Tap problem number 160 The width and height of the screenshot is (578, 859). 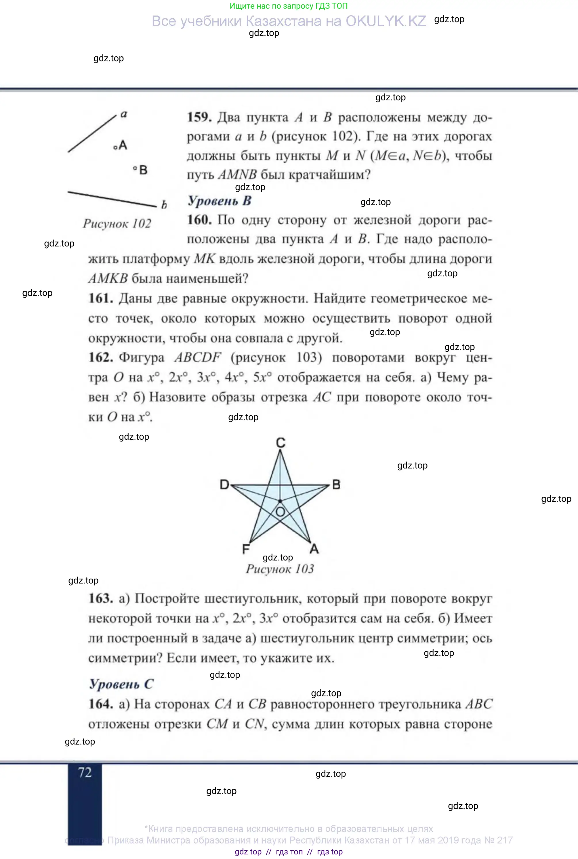click(199, 220)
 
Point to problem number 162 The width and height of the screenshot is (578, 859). click(101, 357)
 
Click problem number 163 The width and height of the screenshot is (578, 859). click(101, 598)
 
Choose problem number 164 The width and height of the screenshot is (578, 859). click(101, 703)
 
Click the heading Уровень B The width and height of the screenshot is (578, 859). click(220, 201)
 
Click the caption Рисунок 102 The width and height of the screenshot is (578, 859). click(117, 223)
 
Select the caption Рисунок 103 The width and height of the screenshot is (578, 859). click(280, 569)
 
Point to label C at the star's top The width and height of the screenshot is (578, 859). click(281, 442)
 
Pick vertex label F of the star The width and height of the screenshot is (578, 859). click(246, 549)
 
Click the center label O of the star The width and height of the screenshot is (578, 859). click(280, 512)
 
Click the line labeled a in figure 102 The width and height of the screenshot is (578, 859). click(92, 133)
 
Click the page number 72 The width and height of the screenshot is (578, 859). click(85, 772)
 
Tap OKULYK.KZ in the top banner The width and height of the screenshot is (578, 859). click(386, 21)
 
